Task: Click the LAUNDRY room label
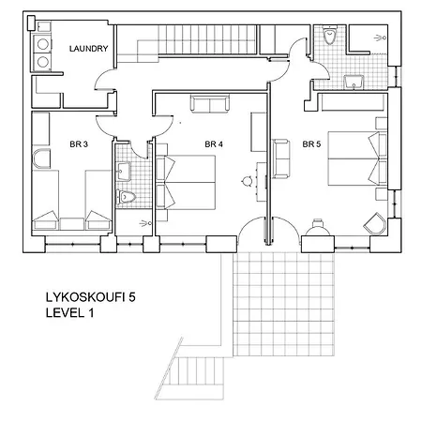click(88, 49)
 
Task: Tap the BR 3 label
click(79, 144)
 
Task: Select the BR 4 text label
click(214, 144)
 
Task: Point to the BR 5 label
click(311, 144)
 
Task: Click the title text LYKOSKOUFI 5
click(91, 297)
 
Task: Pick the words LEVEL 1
click(69, 313)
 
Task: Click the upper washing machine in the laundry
click(42, 44)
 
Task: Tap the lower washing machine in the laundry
click(42, 62)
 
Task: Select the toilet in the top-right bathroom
click(329, 35)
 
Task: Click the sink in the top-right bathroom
click(354, 82)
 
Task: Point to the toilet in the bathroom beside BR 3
click(126, 197)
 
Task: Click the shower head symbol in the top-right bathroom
click(381, 38)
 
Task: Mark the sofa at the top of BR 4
click(210, 104)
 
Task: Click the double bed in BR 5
click(357, 158)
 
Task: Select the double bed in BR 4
click(186, 182)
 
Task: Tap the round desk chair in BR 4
click(248, 181)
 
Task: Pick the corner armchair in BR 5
click(375, 223)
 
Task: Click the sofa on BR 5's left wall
click(280, 158)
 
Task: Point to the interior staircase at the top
click(188, 40)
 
